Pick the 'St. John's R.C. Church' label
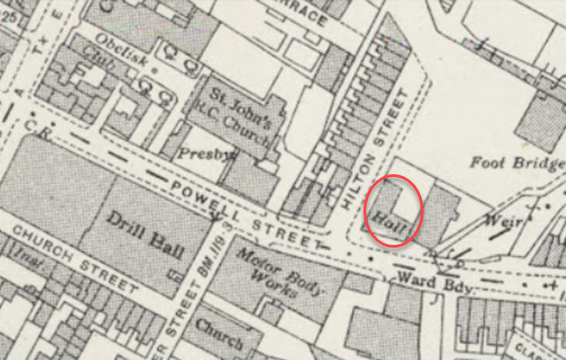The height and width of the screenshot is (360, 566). tap(238, 116)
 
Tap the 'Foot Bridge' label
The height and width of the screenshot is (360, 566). tap(517, 163)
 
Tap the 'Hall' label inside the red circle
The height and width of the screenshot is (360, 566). tap(390, 221)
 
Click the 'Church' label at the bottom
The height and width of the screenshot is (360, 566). tap(219, 328)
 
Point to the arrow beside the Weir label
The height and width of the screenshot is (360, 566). tap(498, 234)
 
